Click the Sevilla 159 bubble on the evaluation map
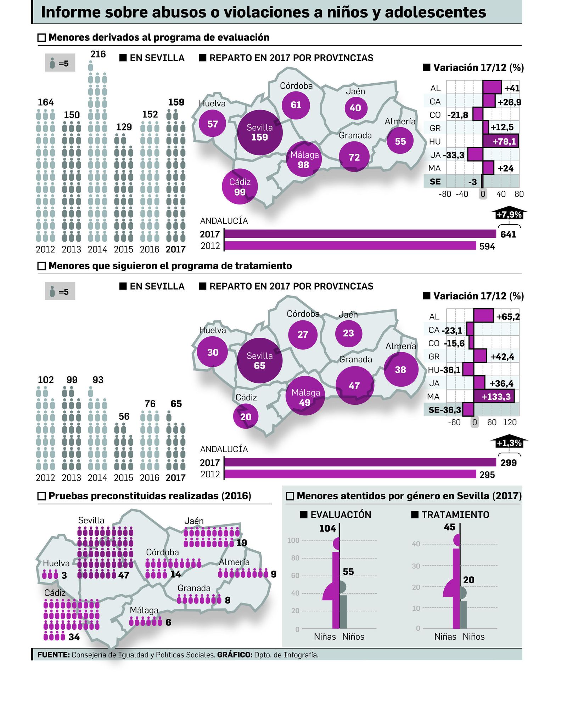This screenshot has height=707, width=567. (259, 133)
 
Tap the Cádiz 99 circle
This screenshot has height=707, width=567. (240, 187)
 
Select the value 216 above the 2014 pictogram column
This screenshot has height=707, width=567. (98, 54)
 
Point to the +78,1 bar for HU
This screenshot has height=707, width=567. (500, 141)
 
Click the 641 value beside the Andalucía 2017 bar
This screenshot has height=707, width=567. (508, 234)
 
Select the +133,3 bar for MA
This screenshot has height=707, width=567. (494, 397)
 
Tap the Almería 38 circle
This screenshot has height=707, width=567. (400, 370)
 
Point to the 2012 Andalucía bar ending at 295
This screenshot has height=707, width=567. (350, 474)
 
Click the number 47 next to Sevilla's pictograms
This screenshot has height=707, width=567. (124, 575)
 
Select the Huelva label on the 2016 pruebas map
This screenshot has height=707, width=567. (56, 563)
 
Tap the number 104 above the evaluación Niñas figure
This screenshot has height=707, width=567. (327, 528)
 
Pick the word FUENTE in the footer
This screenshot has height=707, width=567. (53, 655)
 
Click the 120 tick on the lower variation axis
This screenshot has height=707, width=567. (510, 422)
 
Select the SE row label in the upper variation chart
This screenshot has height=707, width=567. (435, 181)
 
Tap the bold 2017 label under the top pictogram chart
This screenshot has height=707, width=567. (175, 249)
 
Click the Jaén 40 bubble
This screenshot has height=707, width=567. (355, 108)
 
